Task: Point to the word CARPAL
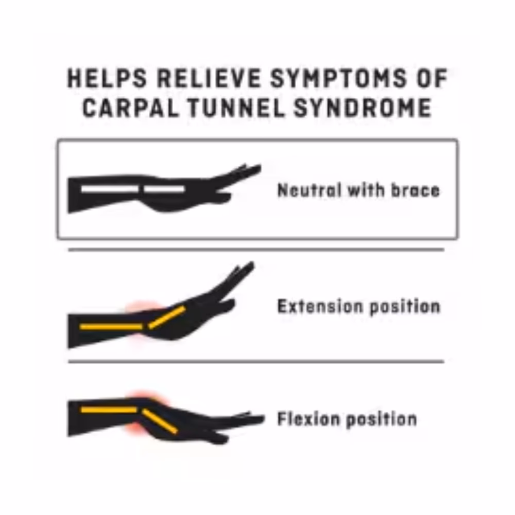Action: pyautogui.click(x=130, y=108)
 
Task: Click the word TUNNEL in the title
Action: pyautogui.click(x=236, y=108)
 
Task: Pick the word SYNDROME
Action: pyautogui.click(x=363, y=108)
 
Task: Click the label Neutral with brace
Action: pyautogui.click(x=358, y=190)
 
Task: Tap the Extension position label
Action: pyautogui.click(x=358, y=306)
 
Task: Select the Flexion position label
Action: pyautogui.click(x=347, y=419)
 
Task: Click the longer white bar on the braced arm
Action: pyautogui.click(x=110, y=189)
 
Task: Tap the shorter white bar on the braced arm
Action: pyautogui.click(x=164, y=189)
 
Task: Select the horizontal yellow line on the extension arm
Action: pyautogui.click(x=111, y=327)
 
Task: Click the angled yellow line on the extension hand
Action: pyautogui.click(x=167, y=317)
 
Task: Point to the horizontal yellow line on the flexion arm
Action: pyautogui.click(x=109, y=410)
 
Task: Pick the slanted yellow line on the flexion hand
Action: pyautogui.click(x=160, y=421)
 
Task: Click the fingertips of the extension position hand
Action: pyautogui.click(x=251, y=265)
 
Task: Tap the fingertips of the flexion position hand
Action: pyautogui.click(x=261, y=418)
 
